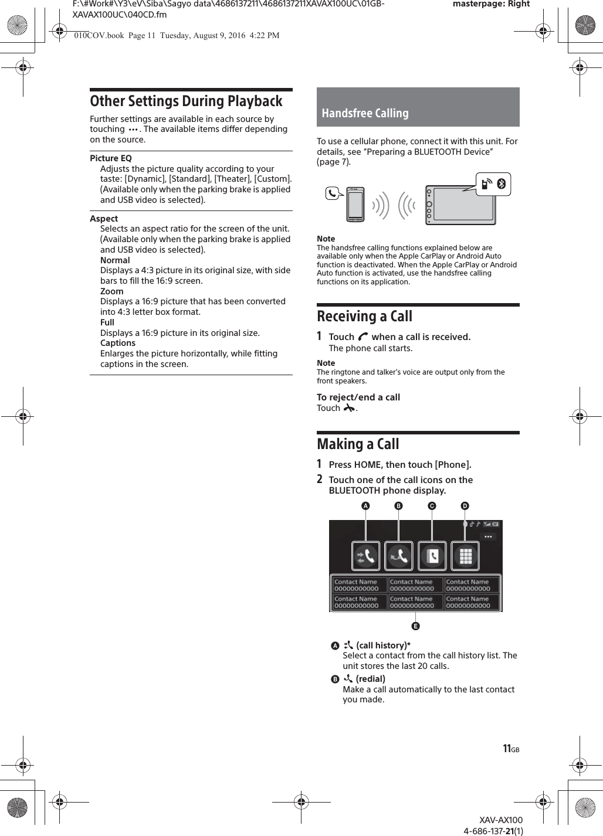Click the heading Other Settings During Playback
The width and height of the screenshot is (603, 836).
[x=186, y=101]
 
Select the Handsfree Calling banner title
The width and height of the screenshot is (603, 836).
[x=365, y=113]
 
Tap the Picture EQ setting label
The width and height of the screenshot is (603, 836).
[x=111, y=158]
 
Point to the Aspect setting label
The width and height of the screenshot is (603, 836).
[x=104, y=219]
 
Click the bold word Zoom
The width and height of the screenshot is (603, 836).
[x=111, y=291]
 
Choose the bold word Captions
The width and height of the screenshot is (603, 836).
[x=117, y=343]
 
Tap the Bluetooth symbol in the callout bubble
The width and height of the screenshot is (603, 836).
[x=501, y=184]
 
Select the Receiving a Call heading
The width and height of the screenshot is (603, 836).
[x=364, y=317]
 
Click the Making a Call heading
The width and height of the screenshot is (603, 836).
[x=358, y=444]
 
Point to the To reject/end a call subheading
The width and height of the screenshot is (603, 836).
[x=358, y=397]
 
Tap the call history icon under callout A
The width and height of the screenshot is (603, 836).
[x=366, y=556]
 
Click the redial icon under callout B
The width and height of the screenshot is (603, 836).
[x=399, y=556]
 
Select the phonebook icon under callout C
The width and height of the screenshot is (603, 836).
[x=432, y=556]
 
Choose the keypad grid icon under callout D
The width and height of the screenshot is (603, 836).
[x=465, y=556]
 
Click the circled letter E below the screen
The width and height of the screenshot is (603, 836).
[x=415, y=626]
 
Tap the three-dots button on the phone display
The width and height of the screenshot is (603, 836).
[x=488, y=536]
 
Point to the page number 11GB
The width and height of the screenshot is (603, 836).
[x=510, y=749]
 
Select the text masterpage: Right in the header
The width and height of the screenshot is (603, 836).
[x=491, y=4]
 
